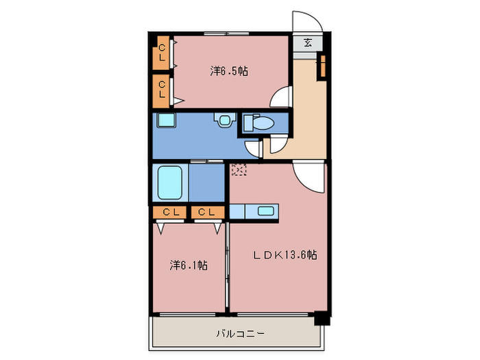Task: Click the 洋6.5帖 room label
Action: (x=229, y=71)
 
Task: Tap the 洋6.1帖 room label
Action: (x=189, y=265)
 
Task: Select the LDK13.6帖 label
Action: (x=285, y=254)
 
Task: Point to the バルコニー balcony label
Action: (x=240, y=333)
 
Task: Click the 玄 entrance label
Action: (x=308, y=43)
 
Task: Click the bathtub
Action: (x=170, y=182)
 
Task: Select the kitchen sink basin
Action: (x=266, y=211)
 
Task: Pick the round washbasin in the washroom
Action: (x=225, y=120)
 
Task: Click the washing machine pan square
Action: (x=166, y=120)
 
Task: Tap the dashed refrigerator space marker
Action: (x=239, y=169)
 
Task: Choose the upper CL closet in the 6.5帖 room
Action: (x=161, y=53)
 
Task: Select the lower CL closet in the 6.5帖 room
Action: (x=161, y=91)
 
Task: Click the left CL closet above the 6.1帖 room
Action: (x=169, y=212)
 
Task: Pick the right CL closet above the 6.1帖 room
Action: (x=208, y=212)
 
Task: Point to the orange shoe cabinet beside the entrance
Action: (x=323, y=66)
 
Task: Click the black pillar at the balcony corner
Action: (x=322, y=318)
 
